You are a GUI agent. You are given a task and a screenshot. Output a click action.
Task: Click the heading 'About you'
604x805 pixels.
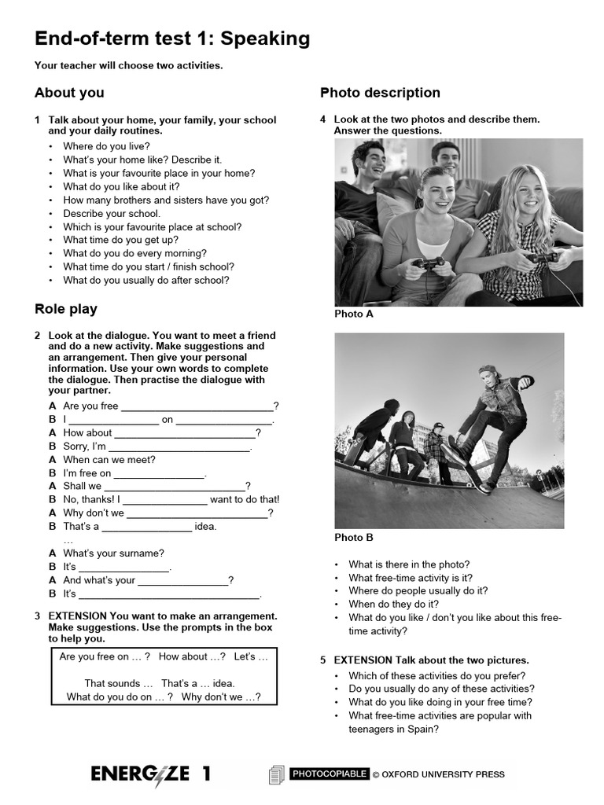pos(69,93)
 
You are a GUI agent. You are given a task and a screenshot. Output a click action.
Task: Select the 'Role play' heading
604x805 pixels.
pos(66,309)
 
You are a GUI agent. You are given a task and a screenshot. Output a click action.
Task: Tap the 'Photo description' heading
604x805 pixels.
pos(380,93)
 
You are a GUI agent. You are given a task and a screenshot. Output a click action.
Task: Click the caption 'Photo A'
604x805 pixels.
pos(354,314)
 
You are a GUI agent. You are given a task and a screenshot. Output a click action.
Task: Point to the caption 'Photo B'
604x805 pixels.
pos(354,538)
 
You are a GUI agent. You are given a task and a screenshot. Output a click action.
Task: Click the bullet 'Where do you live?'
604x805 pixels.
pos(106,146)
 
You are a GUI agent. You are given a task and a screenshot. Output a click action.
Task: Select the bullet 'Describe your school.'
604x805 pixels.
pos(112,213)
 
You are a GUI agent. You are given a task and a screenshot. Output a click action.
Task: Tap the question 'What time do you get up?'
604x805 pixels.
pos(121,240)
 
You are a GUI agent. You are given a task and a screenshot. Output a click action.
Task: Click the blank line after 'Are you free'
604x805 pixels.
pos(197,407)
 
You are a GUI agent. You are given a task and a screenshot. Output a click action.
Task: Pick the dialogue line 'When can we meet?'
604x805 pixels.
pos(109,460)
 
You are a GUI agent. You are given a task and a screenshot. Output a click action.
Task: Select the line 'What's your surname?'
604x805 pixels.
pos(113,553)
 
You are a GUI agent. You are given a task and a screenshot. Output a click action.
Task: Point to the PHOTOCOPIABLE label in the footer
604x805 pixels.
pos(330,774)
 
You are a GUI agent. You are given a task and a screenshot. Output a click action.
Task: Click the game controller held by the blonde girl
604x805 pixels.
pos(542,256)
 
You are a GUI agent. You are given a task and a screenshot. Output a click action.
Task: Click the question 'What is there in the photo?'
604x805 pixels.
pos(409,564)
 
